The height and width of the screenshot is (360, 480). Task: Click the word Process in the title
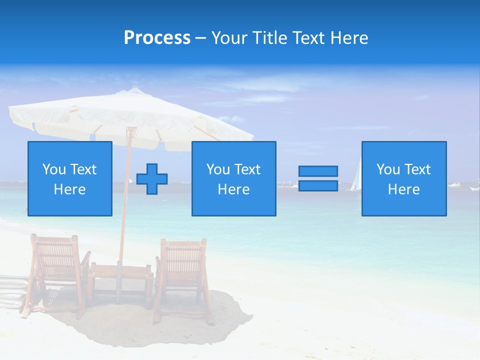[157, 38]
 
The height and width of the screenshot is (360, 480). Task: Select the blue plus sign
[152, 179]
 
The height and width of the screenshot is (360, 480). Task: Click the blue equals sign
[318, 178]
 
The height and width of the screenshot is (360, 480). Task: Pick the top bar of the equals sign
[318, 171]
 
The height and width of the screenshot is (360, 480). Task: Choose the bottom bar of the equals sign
[318, 186]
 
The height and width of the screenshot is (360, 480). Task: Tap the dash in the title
[200, 38]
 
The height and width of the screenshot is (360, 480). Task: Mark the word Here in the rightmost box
[403, 189]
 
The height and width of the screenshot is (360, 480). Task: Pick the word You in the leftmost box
[54, 169]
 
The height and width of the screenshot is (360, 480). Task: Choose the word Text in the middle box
[247, 169]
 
